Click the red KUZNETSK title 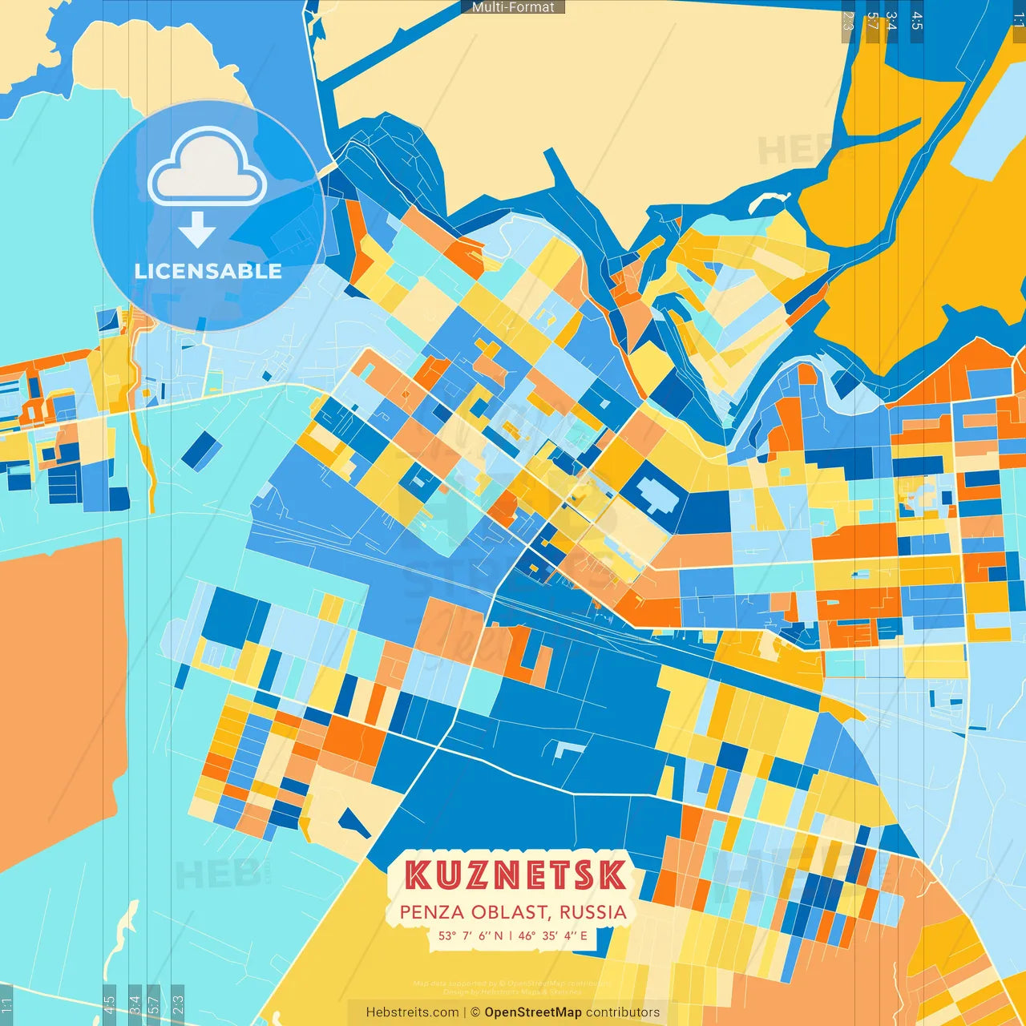point(515,875)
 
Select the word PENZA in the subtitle point(431,912)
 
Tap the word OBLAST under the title point(510,912)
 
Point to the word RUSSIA point(592,912)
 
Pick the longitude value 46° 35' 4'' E point(552,935)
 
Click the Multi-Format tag point(513,7)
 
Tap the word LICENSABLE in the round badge point(208,271)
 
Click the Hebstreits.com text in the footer point(412,1012)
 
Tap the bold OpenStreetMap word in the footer point(533,1012)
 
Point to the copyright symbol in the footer point(475,1012)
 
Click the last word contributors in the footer point(623,1012)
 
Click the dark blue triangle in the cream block point(353,822)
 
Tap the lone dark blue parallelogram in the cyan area point(200,450)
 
